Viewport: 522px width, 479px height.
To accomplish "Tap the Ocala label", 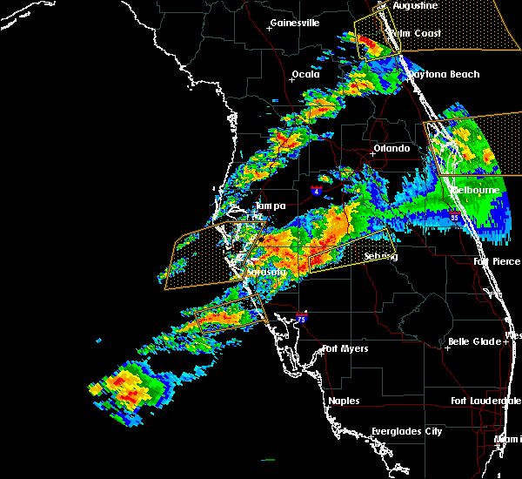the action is pos(304,74).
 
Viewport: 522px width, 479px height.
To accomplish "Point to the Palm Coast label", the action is pos(414,33).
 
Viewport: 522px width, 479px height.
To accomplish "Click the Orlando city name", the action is pos(391,148).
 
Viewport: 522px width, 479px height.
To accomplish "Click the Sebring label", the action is pos(380,256).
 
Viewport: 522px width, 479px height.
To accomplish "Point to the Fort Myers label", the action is pos(345,348).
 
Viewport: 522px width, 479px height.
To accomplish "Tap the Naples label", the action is pos(345,401).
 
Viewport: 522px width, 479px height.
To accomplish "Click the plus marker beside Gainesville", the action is pos(268,28).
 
